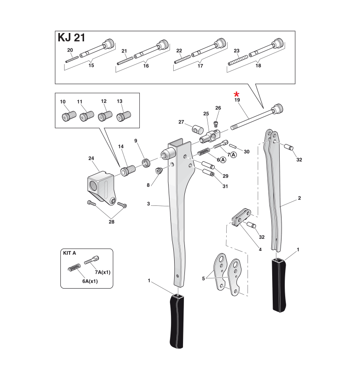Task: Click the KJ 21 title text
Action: [x=71, y=38]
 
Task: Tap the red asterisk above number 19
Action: [x=237, y=94]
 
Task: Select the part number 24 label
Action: [x=91, y=158]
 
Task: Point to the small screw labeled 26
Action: [x=216, y=123]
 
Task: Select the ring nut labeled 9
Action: [x=145, y=162]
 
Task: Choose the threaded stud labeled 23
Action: [x=236, y=59]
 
